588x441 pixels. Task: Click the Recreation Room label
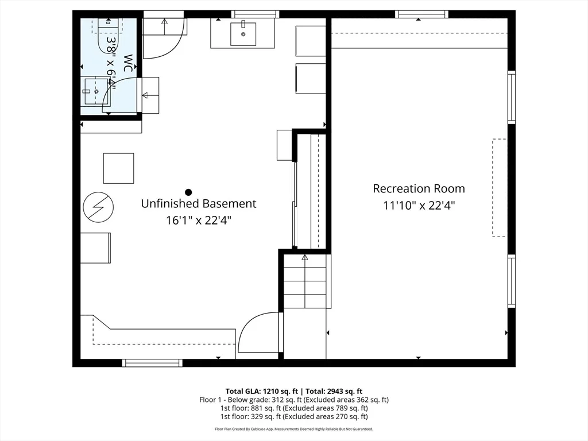[x=419, y=188]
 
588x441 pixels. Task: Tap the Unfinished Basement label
[x=199, y=203]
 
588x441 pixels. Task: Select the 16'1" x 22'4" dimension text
[x=199, y=220]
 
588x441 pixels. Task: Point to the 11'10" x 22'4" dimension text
[x=419, y=205]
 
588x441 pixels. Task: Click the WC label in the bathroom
[x=128, y=63]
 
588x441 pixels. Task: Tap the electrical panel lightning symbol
[x=98, y=207]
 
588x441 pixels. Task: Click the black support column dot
[x=188, y=192]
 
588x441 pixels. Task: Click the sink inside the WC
[x=96, y=91]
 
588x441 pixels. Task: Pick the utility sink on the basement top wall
[x=243, y=33]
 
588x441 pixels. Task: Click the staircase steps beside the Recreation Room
[x=305, y=281]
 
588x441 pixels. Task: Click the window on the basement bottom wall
[x=152, y=363]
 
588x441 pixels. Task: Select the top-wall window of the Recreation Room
[x=422, y=14]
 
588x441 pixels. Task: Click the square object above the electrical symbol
[x=118, y=168]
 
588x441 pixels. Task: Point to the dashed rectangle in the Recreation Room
[x=499, y=188]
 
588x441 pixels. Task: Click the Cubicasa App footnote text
[x=294, y=429]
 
